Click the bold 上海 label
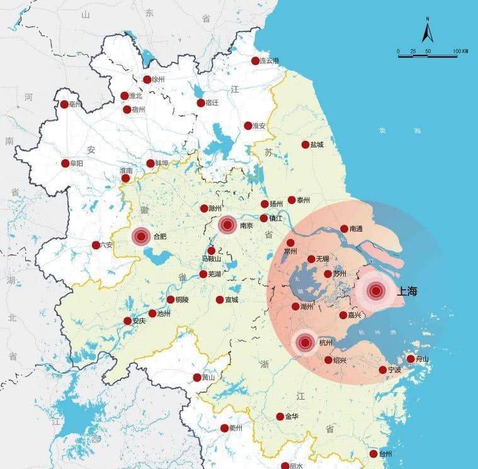[406, 291]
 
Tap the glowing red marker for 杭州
[305, 342]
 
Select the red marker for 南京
[227, 225]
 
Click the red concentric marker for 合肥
[141, 237]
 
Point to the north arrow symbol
[427, 30]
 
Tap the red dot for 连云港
[255, 61]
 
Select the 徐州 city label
[156, 80]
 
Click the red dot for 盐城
[305, 144]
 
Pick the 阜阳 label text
[76, 164]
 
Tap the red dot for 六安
[96, 245]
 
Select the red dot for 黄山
[197, 378]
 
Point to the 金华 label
[292, 417]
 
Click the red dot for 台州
[373, 454]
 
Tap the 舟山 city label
[421, 359]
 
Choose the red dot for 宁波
[383, 370]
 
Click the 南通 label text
[356, 229]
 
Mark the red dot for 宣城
[219, 300]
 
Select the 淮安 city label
[259, 126]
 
